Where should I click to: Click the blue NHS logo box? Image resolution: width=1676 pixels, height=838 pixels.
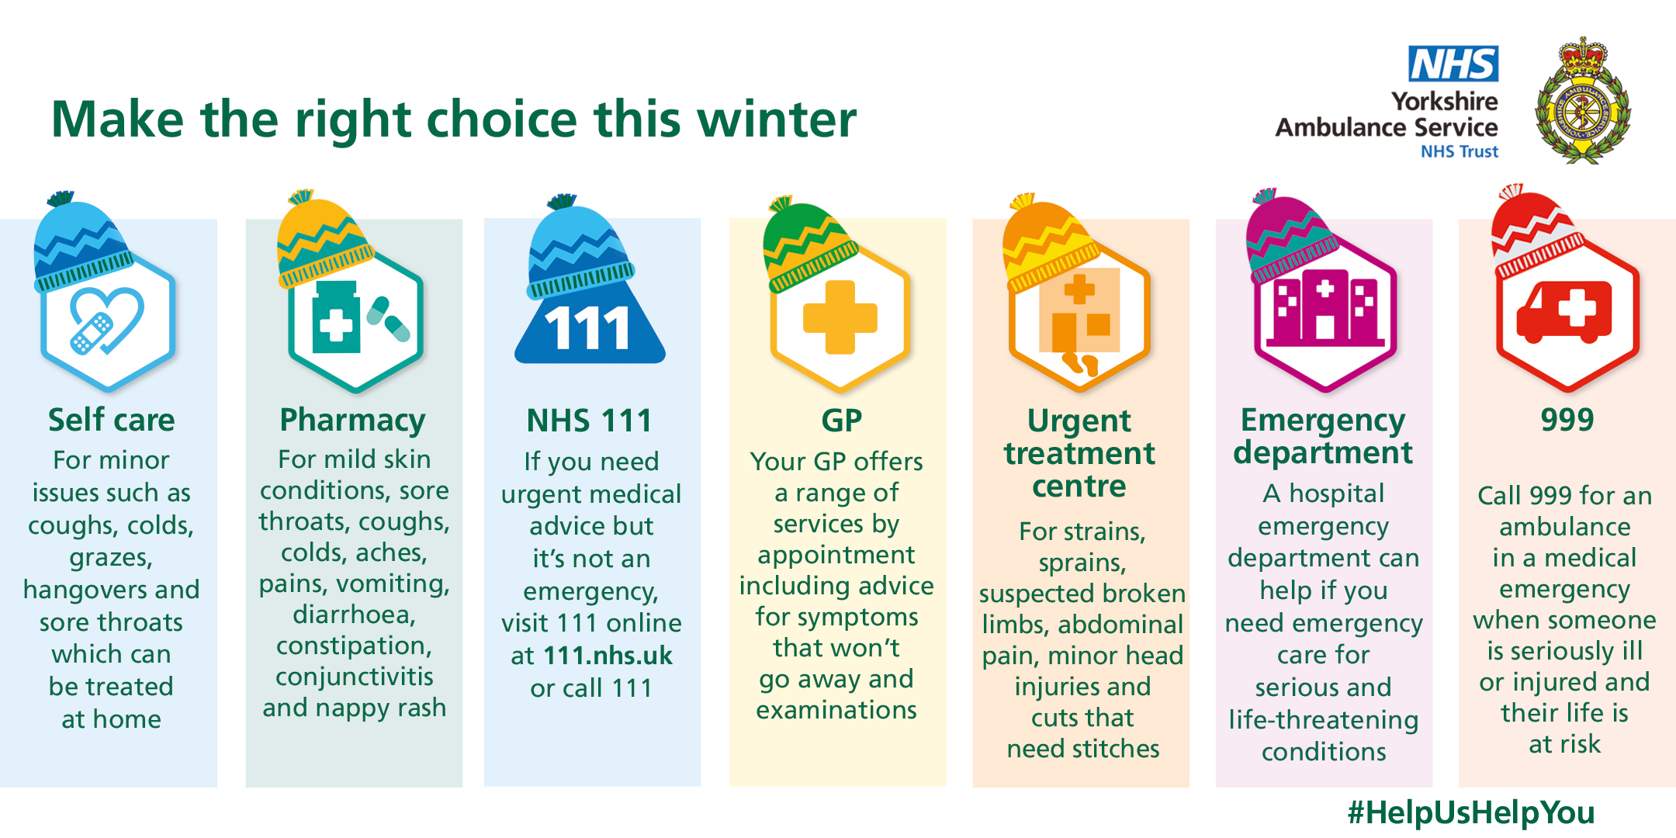click(x=1453, y=64)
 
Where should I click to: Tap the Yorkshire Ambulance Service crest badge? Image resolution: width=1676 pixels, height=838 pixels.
click(x=1583, y=100)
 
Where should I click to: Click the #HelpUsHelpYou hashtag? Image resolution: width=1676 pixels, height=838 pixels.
click(x=1471, y=812)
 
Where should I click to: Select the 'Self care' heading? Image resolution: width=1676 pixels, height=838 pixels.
click(x=112, y=420)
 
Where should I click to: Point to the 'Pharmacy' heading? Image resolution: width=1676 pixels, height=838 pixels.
click(x=352, y=421)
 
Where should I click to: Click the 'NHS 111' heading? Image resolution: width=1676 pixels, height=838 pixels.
click(x=590, y=421)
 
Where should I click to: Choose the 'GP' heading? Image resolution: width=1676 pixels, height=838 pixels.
click(x=842, y=421)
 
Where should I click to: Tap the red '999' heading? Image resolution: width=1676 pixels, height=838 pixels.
click(x=1567, y=420)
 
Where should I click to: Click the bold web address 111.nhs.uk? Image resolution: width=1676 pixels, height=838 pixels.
click(x=608, y=656)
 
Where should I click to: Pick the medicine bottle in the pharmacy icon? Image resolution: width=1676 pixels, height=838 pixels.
click(x=336, y=317)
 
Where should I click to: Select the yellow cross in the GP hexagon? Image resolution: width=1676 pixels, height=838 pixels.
click(x=840, y=317)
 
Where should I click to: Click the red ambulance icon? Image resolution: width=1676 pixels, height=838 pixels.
click(x=1564, y=312)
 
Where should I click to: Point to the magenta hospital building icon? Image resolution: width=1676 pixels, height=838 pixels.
click(x=1325, y=308)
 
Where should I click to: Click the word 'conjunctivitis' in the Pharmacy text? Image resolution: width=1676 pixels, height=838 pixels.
click(x=355, y=677)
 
